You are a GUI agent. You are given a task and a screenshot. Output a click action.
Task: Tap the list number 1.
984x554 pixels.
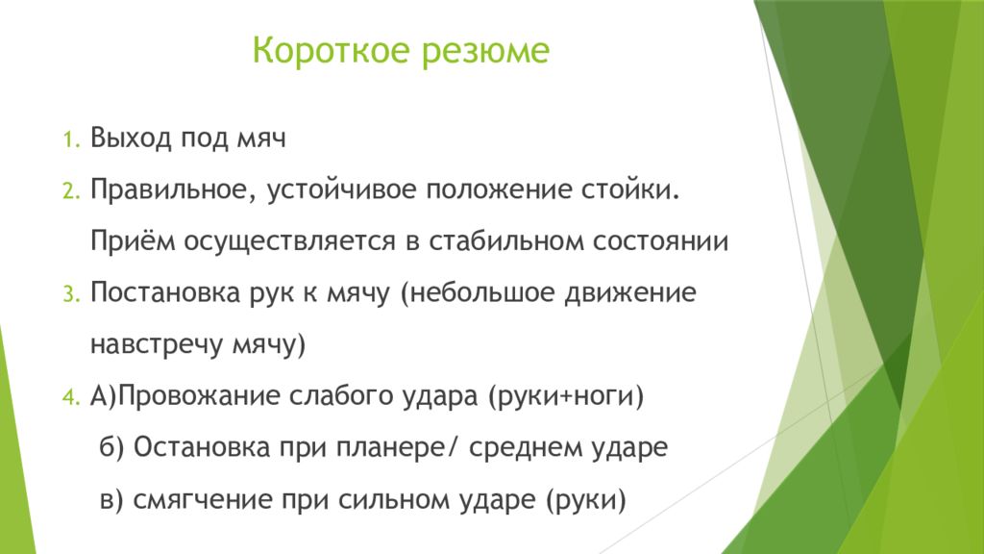coord(71,139)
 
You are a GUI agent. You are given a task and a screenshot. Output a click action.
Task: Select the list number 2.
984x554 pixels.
coord(71,191)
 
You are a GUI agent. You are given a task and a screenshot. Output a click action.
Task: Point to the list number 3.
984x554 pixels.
coord(71,294)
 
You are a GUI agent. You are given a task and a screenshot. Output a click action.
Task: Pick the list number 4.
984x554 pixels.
coord(71,397)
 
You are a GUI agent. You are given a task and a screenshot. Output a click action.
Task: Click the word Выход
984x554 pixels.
coord(131,138)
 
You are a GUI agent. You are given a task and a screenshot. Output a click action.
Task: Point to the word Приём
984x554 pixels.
coord(133,240)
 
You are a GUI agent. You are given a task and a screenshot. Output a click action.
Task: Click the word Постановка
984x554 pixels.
coord(165,293)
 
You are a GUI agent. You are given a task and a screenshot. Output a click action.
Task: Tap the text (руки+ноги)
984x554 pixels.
coord(565,397)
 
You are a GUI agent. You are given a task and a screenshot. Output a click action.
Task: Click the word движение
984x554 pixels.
coord(629,293)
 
